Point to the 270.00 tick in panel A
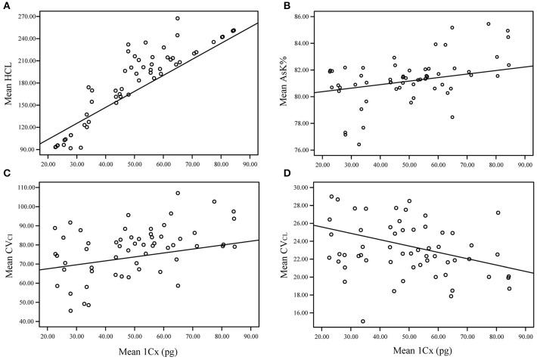[x=29, y=15]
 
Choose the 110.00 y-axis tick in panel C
[x=29, y=187]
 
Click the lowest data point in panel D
[x=363, y=321]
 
